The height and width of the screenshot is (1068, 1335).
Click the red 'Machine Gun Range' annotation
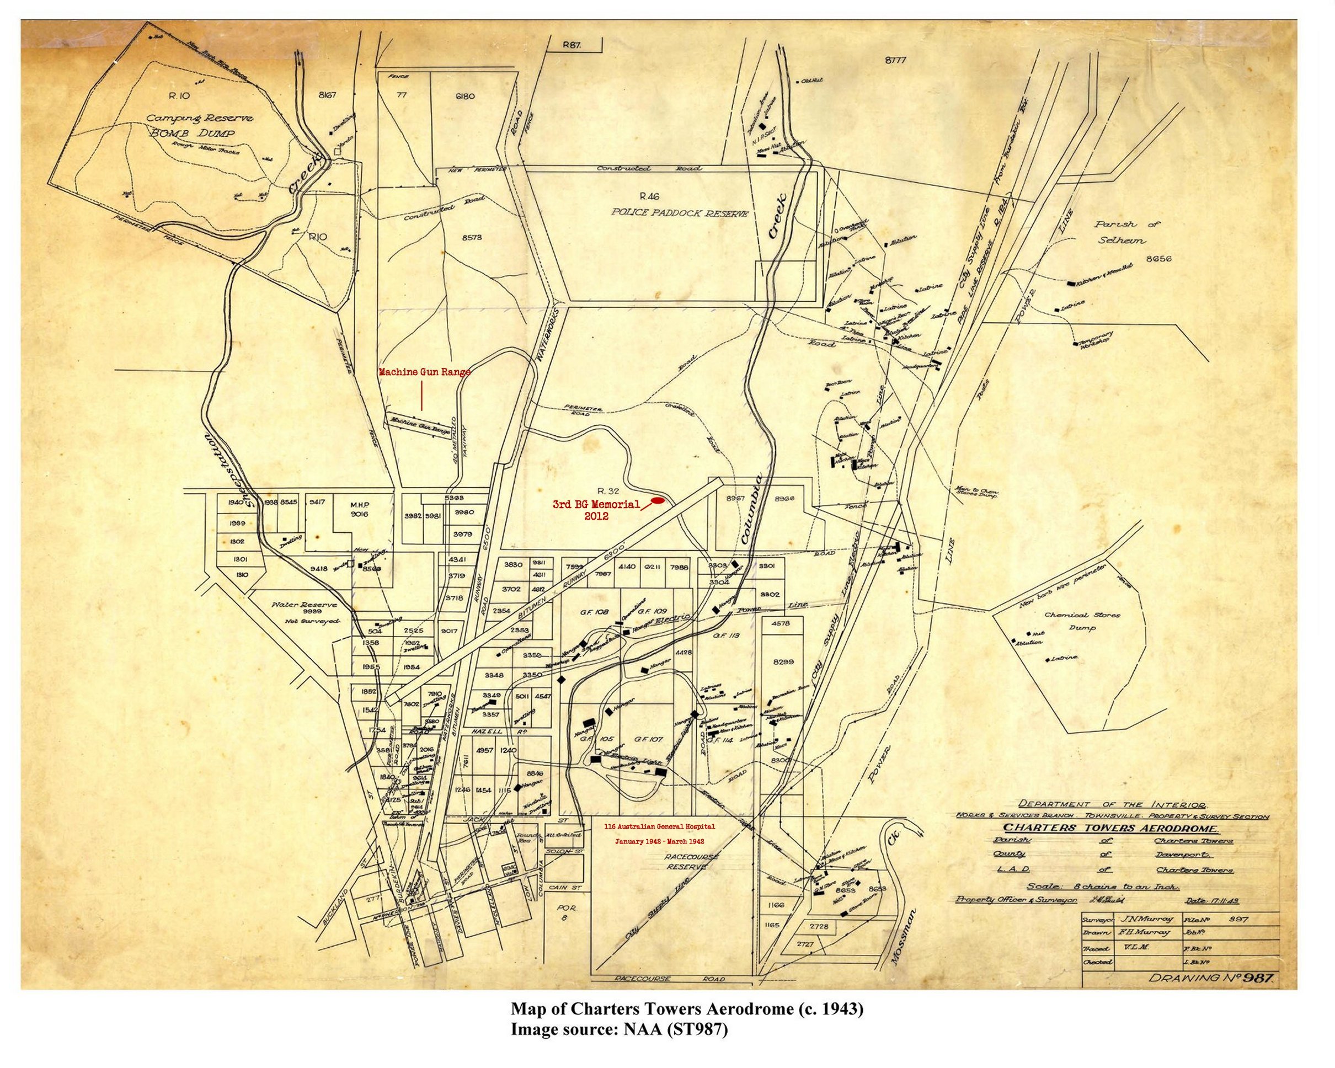coord(424,372)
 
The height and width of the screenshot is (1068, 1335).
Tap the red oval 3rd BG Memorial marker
coord(658,500)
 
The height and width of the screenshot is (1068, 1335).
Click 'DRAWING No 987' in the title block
coord(1213,978)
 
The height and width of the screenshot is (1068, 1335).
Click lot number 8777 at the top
coord(895,61)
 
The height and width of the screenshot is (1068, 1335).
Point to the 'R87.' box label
coord(572,45)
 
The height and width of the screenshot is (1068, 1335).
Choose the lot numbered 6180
coord(464,96)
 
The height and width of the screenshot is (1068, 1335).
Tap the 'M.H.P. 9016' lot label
coord(359,509)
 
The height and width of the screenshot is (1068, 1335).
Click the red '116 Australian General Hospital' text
coord(659,826)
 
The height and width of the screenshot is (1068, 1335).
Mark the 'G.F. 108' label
coord(594,612)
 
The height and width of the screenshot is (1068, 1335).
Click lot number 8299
coord(783,661)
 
